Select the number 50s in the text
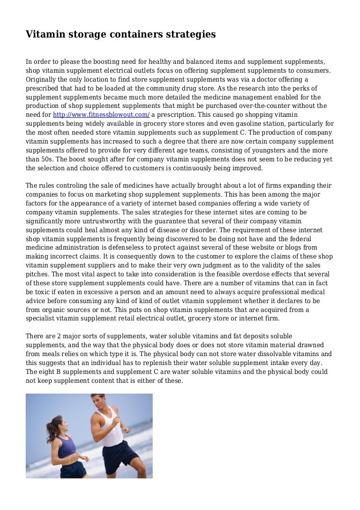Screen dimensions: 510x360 tap(48, 160)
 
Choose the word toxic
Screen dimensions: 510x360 tap(44, 292)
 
